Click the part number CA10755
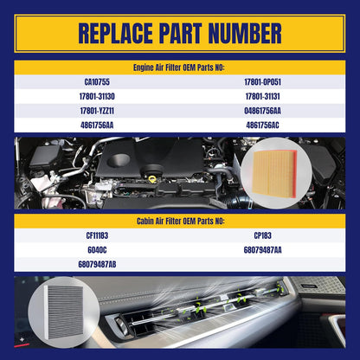(x=97, y=82)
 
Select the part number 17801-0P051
(x=262, y=82)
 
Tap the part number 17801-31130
(x=97, y=96)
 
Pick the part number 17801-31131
(x=262, y=96)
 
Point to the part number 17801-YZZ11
(x=97, y=111)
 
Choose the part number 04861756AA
(x=262, y=111)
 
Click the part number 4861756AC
(x=262, y=125)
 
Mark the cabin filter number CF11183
(x=97, y=235)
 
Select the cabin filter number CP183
(x=262, y=235)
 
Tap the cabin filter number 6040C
(x=97, y=250)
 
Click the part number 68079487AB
(x=97, y=265)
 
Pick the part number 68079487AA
(x=262, y=250)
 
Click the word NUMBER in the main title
(x=245, y=33)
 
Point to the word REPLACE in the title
(x=115, y=33)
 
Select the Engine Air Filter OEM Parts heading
(x=178, y=67)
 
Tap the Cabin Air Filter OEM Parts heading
(x=180, y=222)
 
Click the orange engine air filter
(x=274, y=173)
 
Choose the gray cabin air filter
(x=66, y=312)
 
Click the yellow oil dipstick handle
(x=152, y=179)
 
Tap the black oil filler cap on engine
(x=152, y=170)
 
